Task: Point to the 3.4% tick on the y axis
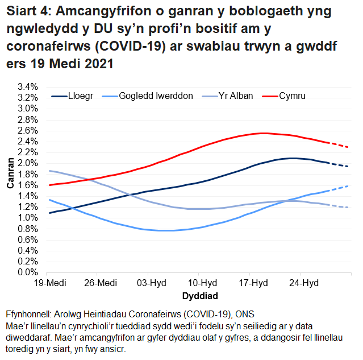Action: pyautogui.click(x=27, y=87)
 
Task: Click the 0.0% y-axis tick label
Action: pyautogui.click(x=27, y=272)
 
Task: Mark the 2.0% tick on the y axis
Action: pyautogui.click(x=27, y=163)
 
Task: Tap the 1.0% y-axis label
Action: pyautogui.click(x=27, y=218)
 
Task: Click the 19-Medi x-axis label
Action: pyautogui.click(x=48, y=283)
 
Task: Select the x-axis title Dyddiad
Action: pyautogui.click(x=199, y=296)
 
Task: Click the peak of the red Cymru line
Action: pyautogui.click(x=262, y=133)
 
